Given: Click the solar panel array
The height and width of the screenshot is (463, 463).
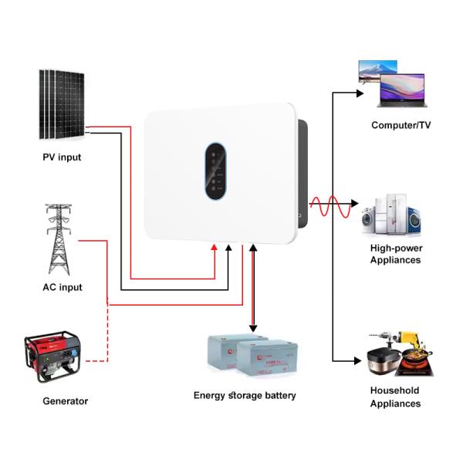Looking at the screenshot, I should click(63, 104).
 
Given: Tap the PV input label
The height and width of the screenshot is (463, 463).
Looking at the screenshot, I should click(62, 157).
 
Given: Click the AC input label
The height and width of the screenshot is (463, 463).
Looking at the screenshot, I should click(62, 287).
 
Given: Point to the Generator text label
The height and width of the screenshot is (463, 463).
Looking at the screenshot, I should click(65, 401).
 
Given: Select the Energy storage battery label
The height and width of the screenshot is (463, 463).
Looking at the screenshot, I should click(245, 395).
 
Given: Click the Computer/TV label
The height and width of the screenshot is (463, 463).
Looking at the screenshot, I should click(398, 125).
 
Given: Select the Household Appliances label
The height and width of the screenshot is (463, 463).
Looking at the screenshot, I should click(395, 397).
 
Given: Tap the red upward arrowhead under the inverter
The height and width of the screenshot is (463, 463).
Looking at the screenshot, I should click(215, 248).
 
